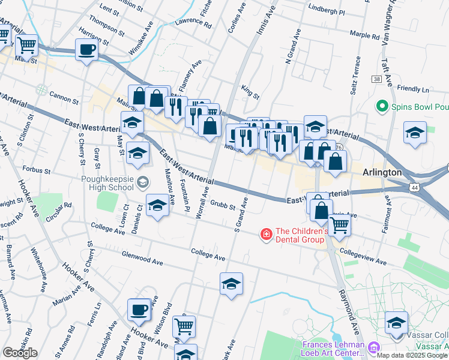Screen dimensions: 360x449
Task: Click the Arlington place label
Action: (382, 172)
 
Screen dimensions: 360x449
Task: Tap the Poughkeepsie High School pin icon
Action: (143, 182)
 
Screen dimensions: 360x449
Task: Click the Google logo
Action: (20, 352)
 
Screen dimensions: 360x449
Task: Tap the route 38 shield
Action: (376, 79)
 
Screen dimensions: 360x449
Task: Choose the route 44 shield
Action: (415, 188)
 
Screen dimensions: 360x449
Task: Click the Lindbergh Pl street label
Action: (326, 12)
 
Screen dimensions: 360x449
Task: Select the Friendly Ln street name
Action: (413, 89)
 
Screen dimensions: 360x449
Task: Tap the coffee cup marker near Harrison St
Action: (87, 50)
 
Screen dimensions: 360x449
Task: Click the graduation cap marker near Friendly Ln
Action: (415, 133)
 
